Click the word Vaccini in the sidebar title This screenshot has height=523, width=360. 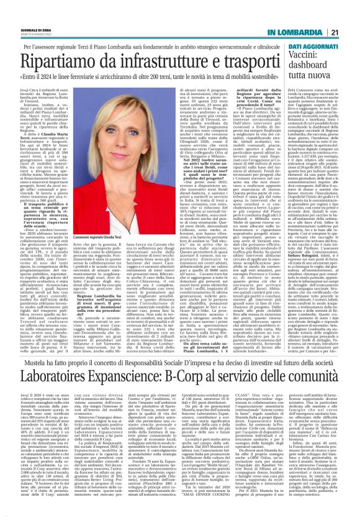pyautogui.click(x=305, y=58)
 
